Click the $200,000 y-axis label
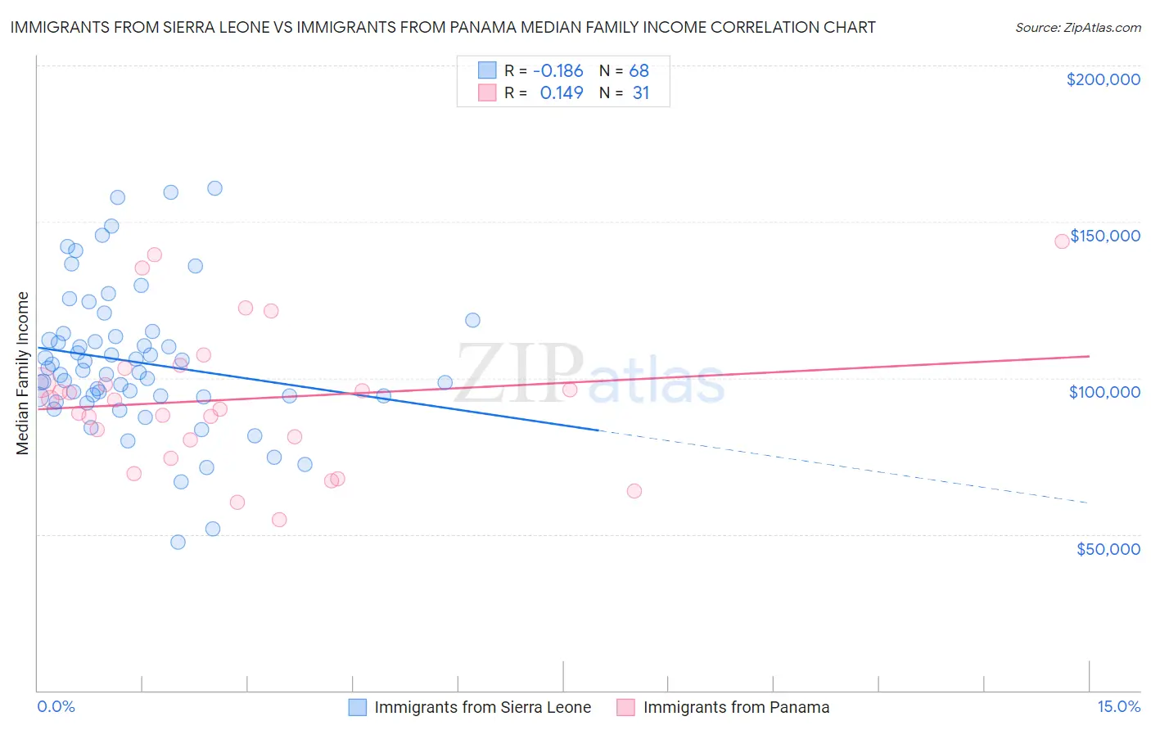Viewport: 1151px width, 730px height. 1103,79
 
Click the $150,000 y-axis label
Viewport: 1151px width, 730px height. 1104,236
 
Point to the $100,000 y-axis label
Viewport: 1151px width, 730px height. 1104,392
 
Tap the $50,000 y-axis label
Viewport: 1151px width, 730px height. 1108,548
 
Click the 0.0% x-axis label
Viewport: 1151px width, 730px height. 56,706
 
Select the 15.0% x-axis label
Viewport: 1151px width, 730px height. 1118,706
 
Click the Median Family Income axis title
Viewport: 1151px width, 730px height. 23,373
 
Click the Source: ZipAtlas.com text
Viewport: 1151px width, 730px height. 1077,28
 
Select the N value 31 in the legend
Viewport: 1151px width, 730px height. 640,93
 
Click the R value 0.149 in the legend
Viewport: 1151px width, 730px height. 562,93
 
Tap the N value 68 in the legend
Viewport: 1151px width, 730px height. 639,71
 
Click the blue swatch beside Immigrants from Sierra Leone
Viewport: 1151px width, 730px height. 358,707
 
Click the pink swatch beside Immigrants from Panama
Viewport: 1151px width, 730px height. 626,707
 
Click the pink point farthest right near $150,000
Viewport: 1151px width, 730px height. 1062,241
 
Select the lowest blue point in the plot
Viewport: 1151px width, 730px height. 178,542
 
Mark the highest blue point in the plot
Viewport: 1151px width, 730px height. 214,188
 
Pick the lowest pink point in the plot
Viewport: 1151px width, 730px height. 279,520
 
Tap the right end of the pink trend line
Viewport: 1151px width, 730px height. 1089,356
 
